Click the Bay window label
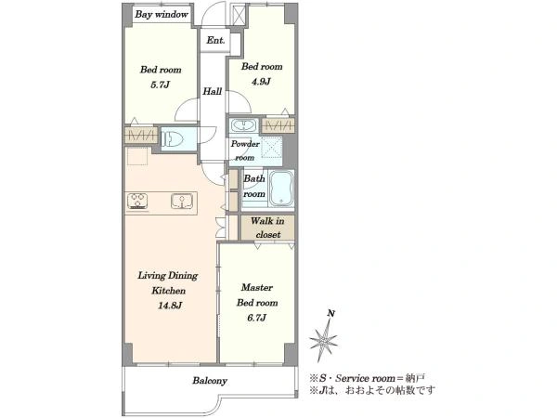point(162,15)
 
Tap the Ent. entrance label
point(215,40)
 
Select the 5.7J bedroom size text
point(161,85)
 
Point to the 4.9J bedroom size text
point(261,82)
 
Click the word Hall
point(212,91)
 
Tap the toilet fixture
point(172,139)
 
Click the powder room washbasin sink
point(243,125)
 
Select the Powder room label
point(245,150)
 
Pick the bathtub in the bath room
point(281,189)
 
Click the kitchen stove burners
point(137,202)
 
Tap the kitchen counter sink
point(182,202)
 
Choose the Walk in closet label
point(268,228)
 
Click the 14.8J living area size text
point(170,306)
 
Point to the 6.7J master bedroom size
point(256,318)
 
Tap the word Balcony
point(210,381)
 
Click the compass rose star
point(322,341)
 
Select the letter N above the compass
point(331,313)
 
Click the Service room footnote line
point(367,378)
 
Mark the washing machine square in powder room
point(272,147)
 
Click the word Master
point(257,287)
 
